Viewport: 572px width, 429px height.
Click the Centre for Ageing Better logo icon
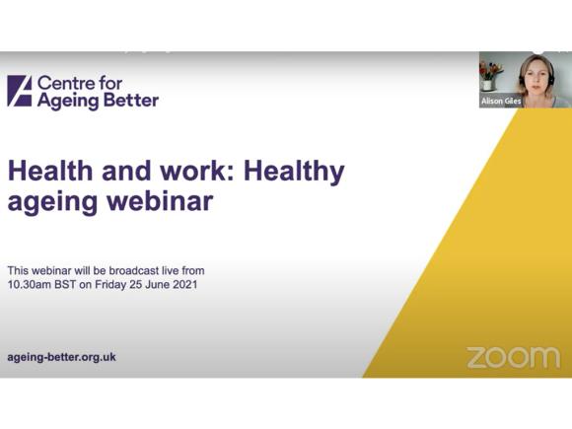[20, 91]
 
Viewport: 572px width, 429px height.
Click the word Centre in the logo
[65, 82]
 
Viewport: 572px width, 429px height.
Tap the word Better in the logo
[127, 100]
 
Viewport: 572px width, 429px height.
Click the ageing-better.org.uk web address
[61, 357]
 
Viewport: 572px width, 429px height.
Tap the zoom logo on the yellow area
[512, 356]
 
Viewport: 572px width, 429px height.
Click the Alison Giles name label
[501, 101]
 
